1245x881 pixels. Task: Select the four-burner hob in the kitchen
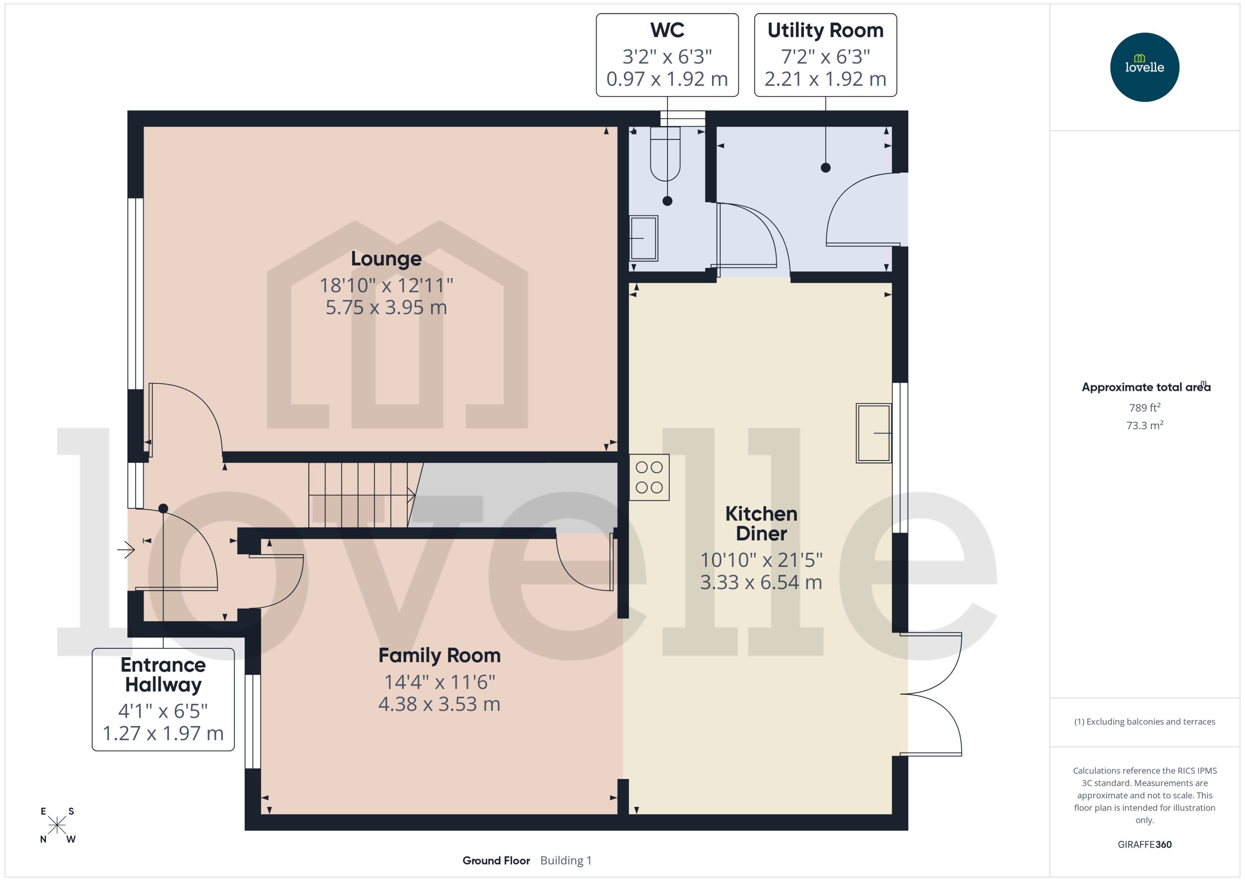(x=649, y=477)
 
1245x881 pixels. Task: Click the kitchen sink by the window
(x=873, y=433)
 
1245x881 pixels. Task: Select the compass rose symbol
(x=57, y=825)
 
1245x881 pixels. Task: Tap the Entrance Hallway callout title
(x=163, y=674)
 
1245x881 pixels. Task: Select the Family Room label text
(x=439, y=655)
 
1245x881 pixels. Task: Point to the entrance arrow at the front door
(x=126, y=550)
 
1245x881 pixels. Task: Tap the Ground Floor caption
(x=496, y=860)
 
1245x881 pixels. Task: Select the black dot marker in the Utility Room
(x=825, y=168)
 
